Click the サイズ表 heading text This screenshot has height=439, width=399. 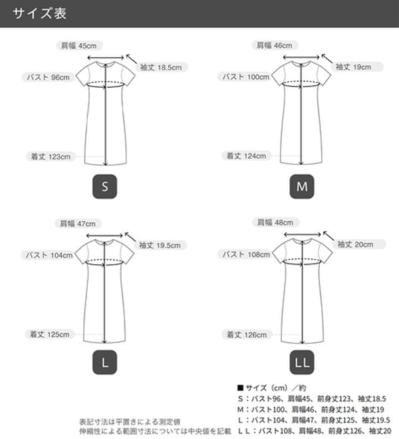39,13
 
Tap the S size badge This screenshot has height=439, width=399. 104,186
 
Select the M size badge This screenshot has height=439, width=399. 302,186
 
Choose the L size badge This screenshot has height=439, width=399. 104,363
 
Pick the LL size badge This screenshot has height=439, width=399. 302,363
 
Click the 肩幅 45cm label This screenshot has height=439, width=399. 79,46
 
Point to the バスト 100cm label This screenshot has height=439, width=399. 245,76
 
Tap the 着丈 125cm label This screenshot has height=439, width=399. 50,335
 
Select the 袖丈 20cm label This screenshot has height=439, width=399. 358,244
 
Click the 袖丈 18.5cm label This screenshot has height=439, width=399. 161,67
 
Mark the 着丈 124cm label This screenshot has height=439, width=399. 246,156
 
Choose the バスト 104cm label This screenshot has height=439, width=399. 49,255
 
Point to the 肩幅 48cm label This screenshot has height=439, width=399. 275,223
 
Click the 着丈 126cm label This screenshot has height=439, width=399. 247,335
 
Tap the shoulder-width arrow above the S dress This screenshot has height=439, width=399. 105,58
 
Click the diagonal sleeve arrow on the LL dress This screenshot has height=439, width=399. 329,235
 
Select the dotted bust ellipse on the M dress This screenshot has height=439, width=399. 301,84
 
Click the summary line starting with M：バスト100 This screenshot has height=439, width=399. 311,410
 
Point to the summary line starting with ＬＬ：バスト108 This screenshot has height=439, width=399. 315,431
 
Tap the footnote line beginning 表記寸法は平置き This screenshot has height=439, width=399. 130,422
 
